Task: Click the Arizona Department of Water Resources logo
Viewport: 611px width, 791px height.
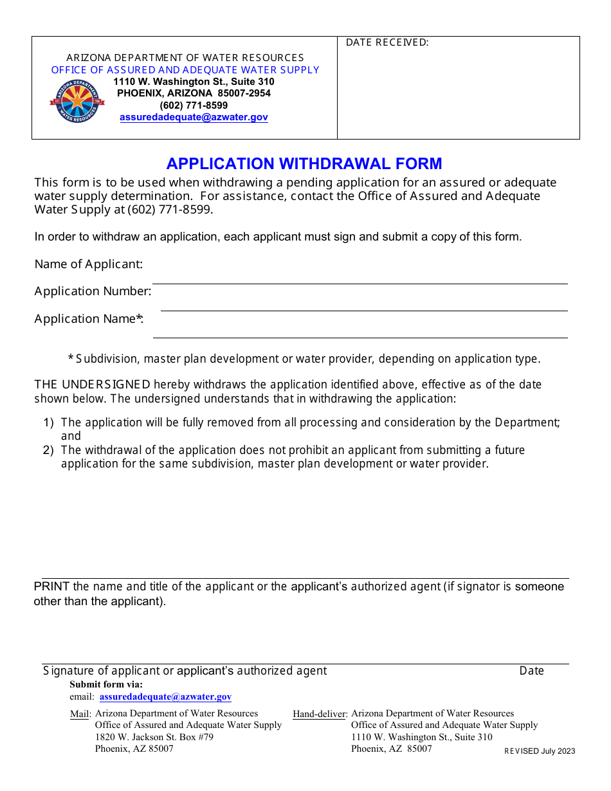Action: pyautogui.click(x=77, y=102)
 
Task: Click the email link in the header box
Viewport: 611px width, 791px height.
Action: pyautogui.click(x=194, y=117)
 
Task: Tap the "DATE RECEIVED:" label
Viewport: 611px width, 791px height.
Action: pyautogui.click(x=387, y=42)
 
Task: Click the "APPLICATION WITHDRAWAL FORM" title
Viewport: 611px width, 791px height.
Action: pyautogui.click(x=304, y=163)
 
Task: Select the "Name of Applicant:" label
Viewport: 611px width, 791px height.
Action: pyautogui.click(x=89, y=264)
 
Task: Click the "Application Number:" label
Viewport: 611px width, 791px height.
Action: pyautogui.click(x=93, y=291)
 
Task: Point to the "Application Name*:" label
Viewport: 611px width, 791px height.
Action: pyautogui.click(x=89, y=318)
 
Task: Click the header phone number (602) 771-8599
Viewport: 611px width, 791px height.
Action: pyautogui.click(x=194, y=105)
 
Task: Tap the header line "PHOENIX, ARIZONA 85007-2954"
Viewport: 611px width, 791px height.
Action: pyautogui.click(x=194, y=93)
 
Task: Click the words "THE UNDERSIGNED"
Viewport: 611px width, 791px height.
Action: pyautogui.click(x=93, y=385)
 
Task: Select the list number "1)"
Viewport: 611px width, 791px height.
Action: pyautogui.click(x=49, y=423)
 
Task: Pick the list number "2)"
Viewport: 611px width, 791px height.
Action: pyautogui.click(x=49, y=450)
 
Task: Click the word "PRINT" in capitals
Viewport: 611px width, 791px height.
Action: pyautogui.click(x=51, y=586)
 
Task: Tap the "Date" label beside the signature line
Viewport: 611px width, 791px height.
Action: pyautogui.click(x=531, y=671)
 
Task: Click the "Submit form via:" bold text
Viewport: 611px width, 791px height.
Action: pyautogui.click(x=106, y=684)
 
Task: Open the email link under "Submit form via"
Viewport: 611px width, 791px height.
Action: pyautogui.click(x=165, y=696)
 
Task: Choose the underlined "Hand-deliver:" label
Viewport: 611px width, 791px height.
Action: pyautogui.click(x=320, y=714)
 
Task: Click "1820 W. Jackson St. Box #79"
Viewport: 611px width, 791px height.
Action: pyautogui.click(x=154, y=737)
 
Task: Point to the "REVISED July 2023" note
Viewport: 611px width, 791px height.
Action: pyautogui.click(x=540, y=751)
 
